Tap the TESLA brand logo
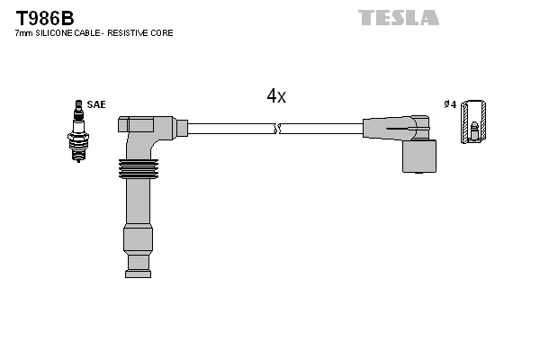point(399,17)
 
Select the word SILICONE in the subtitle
point(58,33)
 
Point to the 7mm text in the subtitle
point(24,33)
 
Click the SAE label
point(96,104)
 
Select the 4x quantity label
point(276,96)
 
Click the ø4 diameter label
point(450,104)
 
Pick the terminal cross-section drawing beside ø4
point(475,121)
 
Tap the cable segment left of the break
point(229,129)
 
